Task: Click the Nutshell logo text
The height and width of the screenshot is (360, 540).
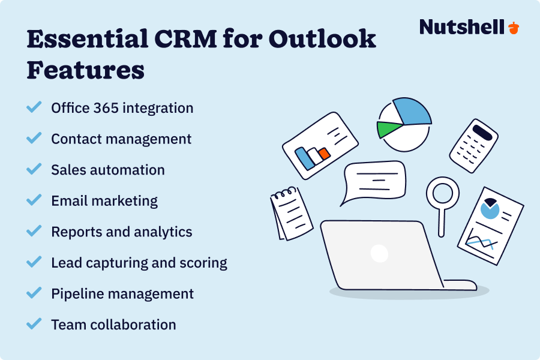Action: [461, 27]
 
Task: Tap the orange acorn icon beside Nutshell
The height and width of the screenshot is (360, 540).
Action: [513, 27]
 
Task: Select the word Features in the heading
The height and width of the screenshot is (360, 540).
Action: [85, 70]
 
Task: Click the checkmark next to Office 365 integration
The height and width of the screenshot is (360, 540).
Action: [34, 107]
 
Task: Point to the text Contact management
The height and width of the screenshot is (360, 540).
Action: [121, 139]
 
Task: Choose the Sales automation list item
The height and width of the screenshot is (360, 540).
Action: [108, 170]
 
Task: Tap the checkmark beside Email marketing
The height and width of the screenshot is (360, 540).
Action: [34, 200]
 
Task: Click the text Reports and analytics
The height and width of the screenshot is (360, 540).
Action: [122, 232]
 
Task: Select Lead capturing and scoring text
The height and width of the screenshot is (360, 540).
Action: [139, 263]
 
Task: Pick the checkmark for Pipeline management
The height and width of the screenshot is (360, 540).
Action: [34, 293]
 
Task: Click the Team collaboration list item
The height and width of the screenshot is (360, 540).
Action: [113, 325]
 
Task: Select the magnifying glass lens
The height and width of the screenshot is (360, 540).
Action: [442, 194]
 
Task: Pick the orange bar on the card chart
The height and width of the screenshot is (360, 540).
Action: [324, 154]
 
